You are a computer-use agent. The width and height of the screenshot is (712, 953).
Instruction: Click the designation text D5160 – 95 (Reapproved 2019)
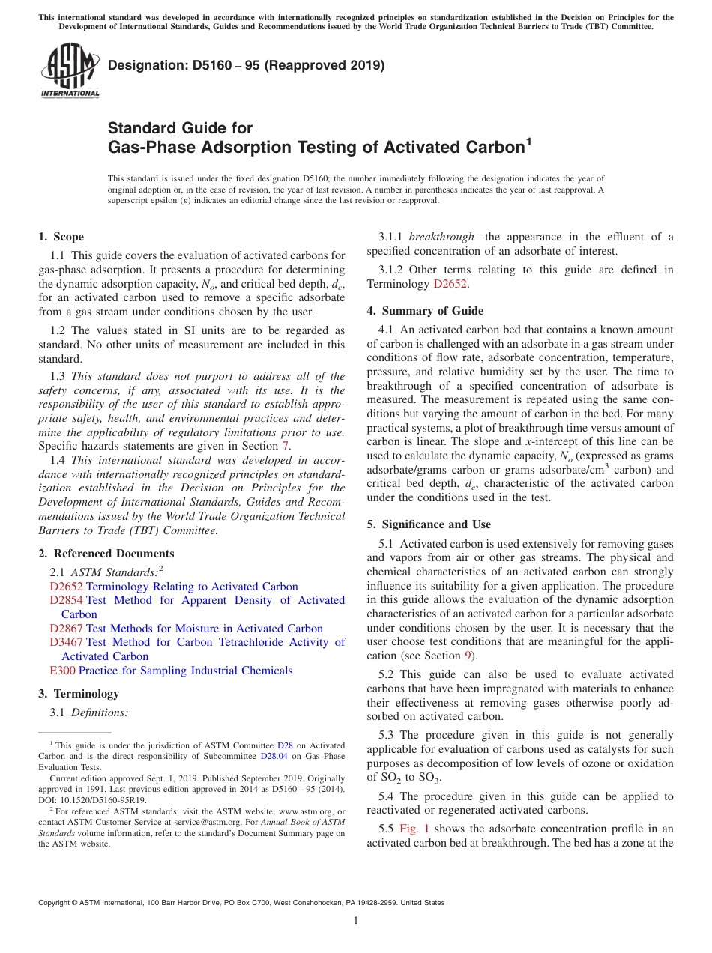pyautogui.click(x=246, y=65)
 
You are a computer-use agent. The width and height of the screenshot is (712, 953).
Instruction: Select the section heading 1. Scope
pyautogui.click(x=61, y=237)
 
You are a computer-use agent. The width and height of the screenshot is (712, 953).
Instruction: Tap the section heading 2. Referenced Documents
pyautogui.click(x=106, y=554)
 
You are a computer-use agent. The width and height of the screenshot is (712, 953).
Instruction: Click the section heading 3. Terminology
pyautogui.click(x=78, y=694)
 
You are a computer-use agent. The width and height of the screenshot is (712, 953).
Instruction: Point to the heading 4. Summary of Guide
pyautogui.click(x=425, y=311)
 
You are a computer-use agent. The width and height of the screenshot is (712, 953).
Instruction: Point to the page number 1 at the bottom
pyautogui.click(x=356, y=921)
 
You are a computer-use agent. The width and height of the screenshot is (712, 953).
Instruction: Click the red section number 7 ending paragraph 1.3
pyautogui.click(x=285, y=447)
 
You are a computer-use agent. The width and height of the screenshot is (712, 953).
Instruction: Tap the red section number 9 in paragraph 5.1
pyautogui.click(x=468, y=656)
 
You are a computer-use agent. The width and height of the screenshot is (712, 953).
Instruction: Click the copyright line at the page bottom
pyautogui.click(x=241, y=903)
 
